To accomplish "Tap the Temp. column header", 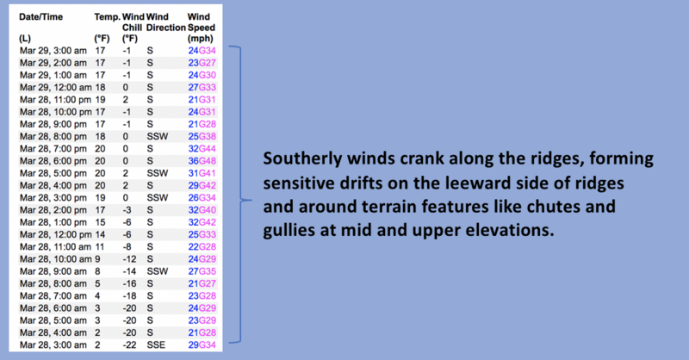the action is [107, 17].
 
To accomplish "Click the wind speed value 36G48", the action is [202, 161].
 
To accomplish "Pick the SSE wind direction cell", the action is [156, 345].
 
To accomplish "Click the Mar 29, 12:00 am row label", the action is [56, 87].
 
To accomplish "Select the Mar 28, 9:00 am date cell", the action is [53, 271].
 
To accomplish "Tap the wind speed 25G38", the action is [202, 136].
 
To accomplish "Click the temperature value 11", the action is [100, 246].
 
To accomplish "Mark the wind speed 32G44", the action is [202, 149].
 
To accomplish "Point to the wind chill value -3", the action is [127, 210].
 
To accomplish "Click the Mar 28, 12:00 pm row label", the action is [56, 234].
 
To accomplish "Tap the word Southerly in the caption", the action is [302, 159].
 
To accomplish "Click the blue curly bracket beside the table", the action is [240, 194].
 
